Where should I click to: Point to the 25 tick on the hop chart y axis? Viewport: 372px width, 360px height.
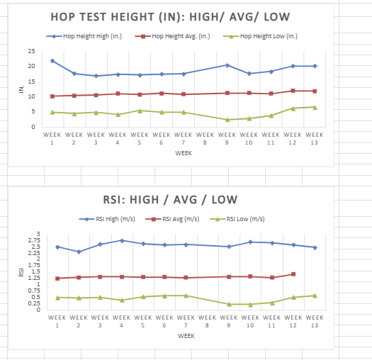(x=31, y=51)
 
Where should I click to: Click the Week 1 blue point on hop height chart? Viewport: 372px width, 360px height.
(x=52, y=61)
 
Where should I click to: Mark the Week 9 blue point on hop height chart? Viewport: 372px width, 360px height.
(x=227, y=65)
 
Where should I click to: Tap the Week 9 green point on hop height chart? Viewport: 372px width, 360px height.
(x=227, y=120)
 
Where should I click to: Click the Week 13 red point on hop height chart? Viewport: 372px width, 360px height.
(x=315, y=91)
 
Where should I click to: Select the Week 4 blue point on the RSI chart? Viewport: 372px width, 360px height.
(x=122, y=240)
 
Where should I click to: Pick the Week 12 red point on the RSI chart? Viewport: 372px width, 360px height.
(x=293, y=274)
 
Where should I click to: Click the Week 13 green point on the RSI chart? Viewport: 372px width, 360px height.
(x=315, y=296)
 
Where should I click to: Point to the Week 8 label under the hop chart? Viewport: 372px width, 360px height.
(x=205, y=137)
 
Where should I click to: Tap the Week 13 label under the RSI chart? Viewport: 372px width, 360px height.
(x=315, y=321)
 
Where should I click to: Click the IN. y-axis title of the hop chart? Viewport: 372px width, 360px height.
(x=21, y=89)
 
